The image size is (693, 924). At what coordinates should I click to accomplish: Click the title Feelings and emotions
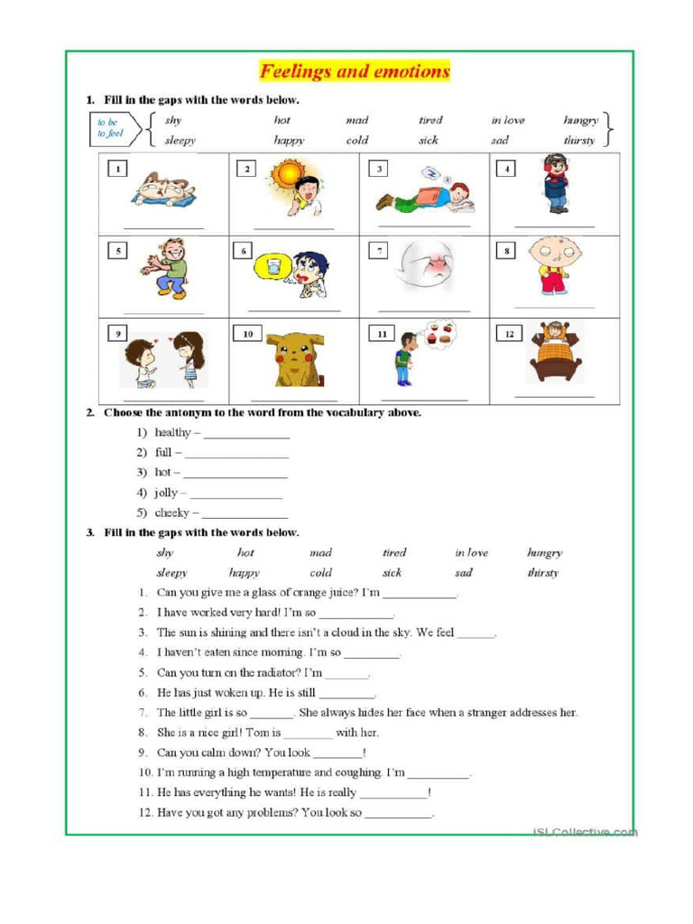point(355,70)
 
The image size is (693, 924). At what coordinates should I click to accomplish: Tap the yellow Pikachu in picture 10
point(293,358)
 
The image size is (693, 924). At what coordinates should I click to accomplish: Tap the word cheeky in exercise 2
point(171,513)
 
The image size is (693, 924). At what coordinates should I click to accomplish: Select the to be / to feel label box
point(109,128)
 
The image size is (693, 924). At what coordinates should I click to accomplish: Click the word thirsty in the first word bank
point(579,141)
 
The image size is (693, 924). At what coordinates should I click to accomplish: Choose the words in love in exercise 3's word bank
point(471,553)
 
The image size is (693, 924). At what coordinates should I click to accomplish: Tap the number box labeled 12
point(509,334)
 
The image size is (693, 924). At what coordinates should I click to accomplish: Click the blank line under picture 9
point(163,398)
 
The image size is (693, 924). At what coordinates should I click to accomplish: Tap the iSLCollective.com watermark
point(584,831)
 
